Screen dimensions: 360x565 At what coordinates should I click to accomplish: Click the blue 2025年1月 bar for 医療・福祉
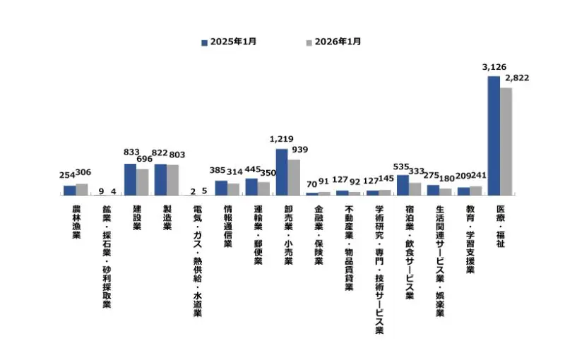click(494, 135)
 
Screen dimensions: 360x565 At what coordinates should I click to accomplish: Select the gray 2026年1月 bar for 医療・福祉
click(506, 140)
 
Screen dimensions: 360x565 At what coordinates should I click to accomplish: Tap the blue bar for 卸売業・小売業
click(281, 172)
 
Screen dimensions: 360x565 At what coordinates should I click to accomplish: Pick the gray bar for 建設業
click(142, 181)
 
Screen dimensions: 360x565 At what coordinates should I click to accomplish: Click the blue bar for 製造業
click(160, 179)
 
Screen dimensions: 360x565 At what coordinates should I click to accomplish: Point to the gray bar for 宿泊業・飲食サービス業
click(415, 188)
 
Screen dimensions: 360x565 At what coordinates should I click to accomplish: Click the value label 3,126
click(494, 67)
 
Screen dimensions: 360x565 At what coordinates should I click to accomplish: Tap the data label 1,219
click(281, 140)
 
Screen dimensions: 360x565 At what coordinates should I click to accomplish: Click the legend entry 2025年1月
click(229, 42)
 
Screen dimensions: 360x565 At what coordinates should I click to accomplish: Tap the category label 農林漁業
click(76, 222)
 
